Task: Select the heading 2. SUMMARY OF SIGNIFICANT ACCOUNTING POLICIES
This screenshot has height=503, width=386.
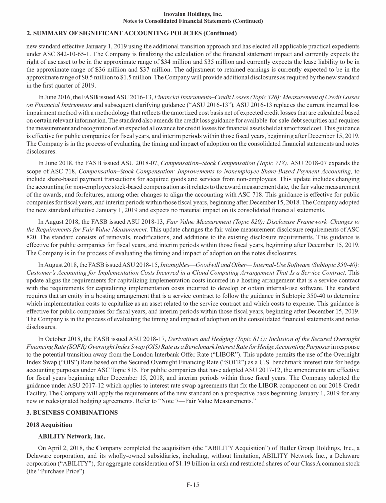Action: (x=131, y=34)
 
